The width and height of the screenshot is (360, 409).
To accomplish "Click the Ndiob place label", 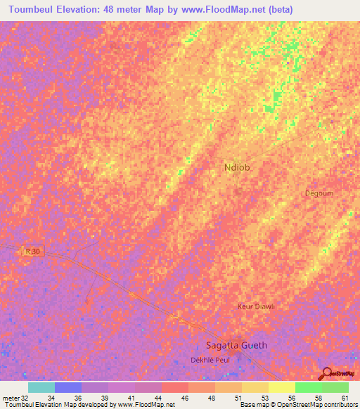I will click(x=237, y=167).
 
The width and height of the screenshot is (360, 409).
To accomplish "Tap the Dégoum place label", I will click(x=319, y=193).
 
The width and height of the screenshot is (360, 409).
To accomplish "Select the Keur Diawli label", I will click(x=256, y=306).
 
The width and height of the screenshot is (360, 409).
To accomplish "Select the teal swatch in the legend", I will click(x=41, y=387).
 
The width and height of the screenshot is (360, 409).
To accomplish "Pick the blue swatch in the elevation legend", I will click(x=68, y=387).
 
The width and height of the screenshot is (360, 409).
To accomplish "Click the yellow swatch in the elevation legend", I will click(x=282, y=387).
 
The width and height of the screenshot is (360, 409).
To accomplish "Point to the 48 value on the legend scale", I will click(x=211, y=397).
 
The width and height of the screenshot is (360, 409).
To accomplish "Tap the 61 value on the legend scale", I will click(x=345, y=397).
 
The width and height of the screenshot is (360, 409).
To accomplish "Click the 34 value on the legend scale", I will click(x=51, y=397).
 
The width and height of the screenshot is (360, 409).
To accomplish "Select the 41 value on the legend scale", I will click(x=131, y=397).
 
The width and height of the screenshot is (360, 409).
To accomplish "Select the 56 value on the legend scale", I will click(x=291, y=397).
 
